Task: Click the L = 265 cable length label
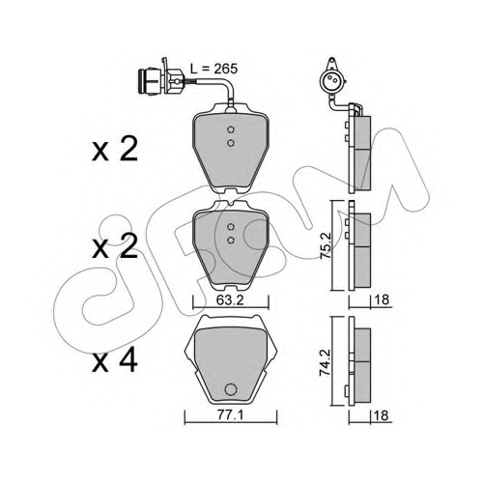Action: tap(213, 69)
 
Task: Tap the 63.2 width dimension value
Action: tap(230, 300)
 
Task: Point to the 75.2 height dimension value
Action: tap(325, 245)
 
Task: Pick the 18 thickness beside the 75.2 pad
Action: tap(382, 299)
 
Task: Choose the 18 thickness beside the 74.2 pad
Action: tap(382, 415)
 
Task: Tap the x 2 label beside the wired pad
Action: tap(115, 149)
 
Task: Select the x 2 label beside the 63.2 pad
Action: tap(115, 246)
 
